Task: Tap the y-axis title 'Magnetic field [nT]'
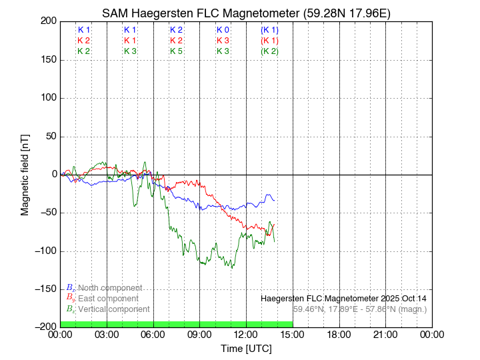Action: tap(25, 173)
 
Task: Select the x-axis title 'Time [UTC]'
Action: tap(246, 349)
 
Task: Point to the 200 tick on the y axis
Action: tap(47, 21)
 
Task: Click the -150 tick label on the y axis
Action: tap(45, 289)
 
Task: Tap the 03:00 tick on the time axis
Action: tap(107, 334)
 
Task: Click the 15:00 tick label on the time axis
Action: tap(293, 334)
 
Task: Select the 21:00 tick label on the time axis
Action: tap(385, 334)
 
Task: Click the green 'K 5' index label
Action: tap(177, 51)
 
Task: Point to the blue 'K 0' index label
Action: tap(223, 30)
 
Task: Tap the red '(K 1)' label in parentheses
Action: tap(270, 41)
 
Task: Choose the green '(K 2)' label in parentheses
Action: tap(270, 51)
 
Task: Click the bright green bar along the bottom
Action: tap(177, 324)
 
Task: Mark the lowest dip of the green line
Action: tap(232, 268)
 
